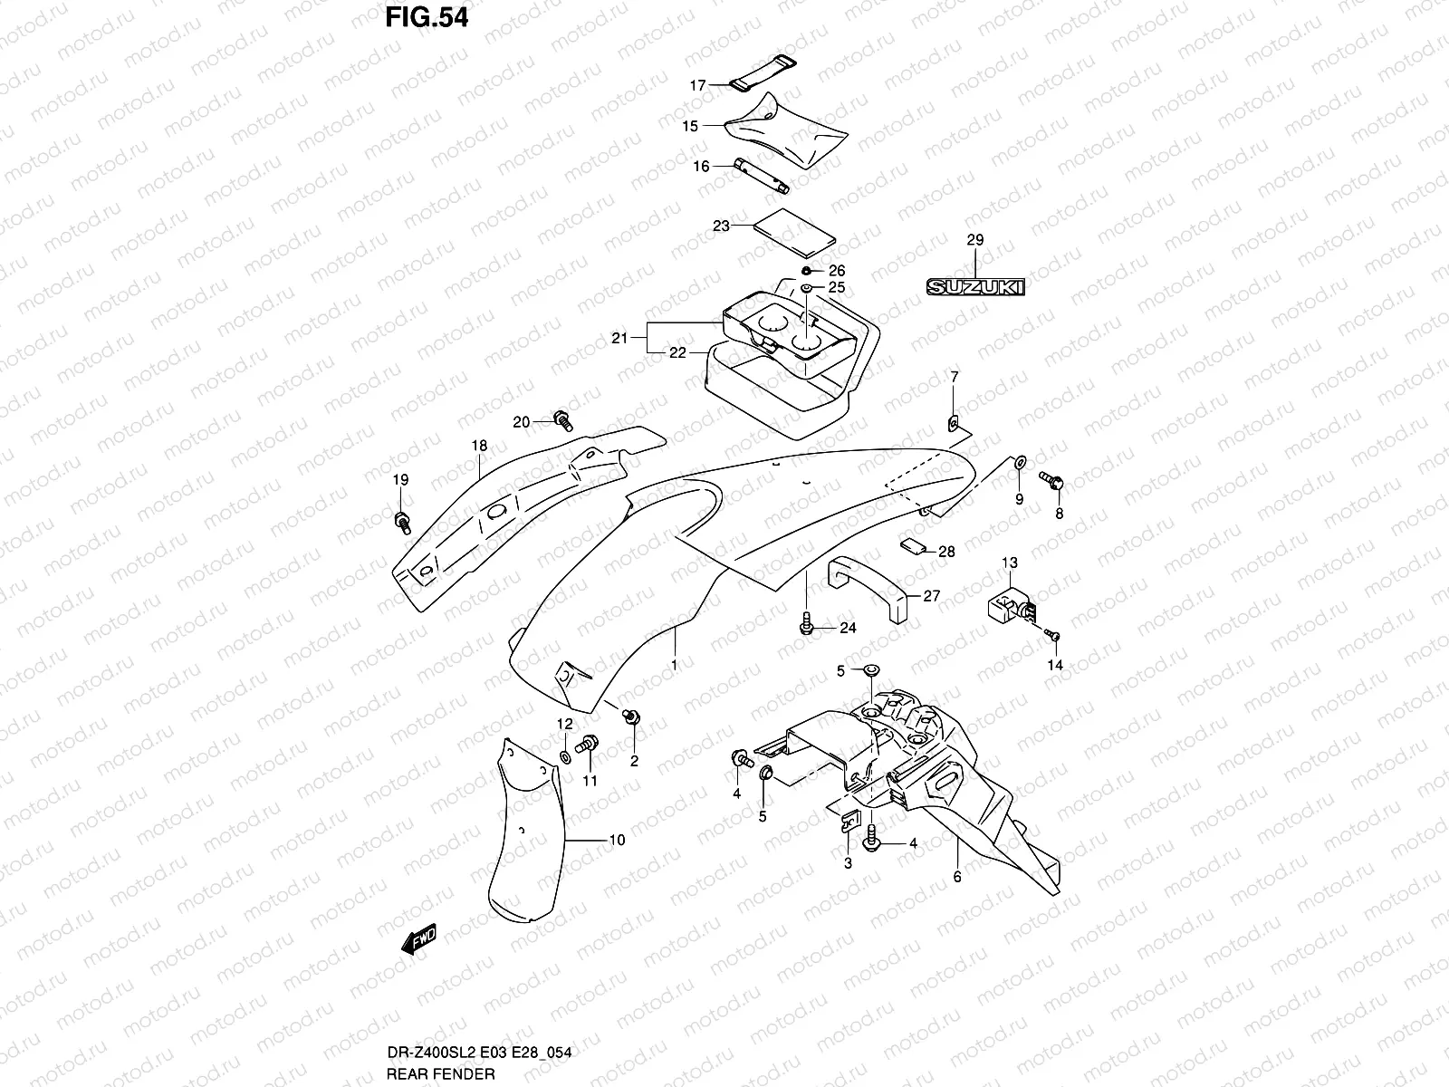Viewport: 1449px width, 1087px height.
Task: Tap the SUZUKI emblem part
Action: pos(974,287)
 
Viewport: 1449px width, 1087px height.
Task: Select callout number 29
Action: pos(974,240)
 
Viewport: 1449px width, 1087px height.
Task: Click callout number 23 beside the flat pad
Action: pos(721,226)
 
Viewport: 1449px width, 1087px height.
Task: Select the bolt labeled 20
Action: pos(563,419)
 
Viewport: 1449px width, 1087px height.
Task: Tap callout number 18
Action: pos(479,446)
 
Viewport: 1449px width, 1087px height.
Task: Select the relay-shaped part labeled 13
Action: pos(1008,601)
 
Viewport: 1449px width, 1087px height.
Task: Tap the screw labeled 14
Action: pos(1052,636)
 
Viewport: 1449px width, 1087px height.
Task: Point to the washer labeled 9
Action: pos(1019,463)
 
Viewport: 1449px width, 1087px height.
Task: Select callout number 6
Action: pos(957,877)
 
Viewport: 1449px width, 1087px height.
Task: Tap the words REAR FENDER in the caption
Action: pos(466,1074)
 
